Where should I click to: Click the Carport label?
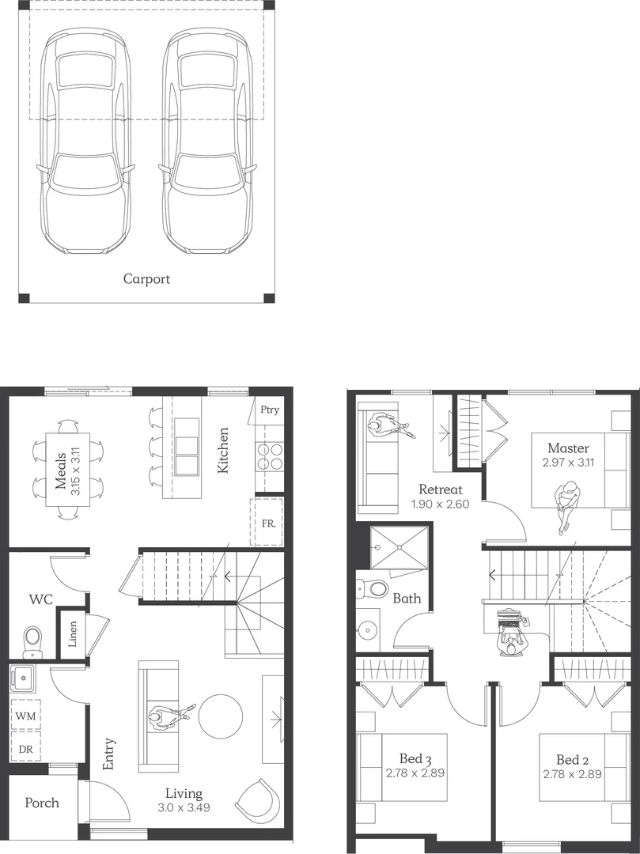click(x=146, y=278)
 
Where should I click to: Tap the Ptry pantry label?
click(x=269, y=410)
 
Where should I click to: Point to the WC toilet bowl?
click(x=33, y=639)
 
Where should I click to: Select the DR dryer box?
click(x=25, y=747)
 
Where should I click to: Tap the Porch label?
click(x=42, y=803)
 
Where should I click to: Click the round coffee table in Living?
click(x=221, y=716)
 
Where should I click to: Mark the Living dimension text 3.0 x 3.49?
click(x=184, y=808)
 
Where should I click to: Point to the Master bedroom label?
click(x=568, y=448)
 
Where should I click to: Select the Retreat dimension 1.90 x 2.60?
click(x=439, y=503)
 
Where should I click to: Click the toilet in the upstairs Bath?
click(x=373, y=588)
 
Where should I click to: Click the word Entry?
click(x=108, y=754)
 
